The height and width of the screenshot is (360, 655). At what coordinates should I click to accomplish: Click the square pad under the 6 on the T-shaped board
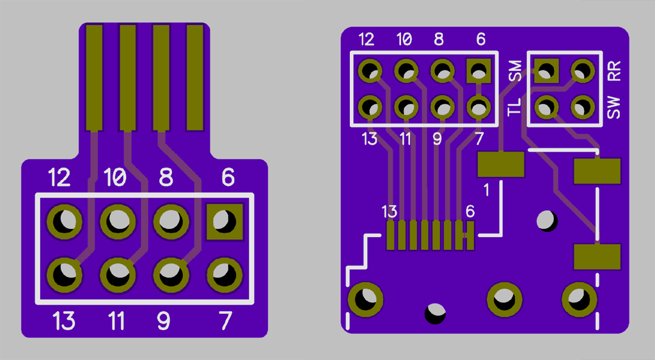pos(224,222)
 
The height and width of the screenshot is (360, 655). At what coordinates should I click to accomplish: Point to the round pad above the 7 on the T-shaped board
pos(224,276)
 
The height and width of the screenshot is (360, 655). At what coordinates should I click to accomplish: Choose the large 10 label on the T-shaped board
pos(115,178)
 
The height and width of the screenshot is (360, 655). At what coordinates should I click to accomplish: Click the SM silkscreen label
pos(515,70)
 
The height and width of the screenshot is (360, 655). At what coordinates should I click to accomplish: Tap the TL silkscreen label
pos(515,106)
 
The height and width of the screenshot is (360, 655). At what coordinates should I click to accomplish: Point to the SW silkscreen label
pos(614,107)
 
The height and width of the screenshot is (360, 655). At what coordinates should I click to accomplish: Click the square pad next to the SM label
pos(545,69)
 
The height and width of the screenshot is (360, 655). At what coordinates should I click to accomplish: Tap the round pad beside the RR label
pos(582,69)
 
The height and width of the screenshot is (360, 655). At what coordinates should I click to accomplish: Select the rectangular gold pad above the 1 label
pos(501,164)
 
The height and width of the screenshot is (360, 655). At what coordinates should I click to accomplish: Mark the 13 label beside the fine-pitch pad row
pos(389,211)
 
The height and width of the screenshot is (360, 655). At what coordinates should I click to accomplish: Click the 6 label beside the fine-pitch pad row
pos(470,211)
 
